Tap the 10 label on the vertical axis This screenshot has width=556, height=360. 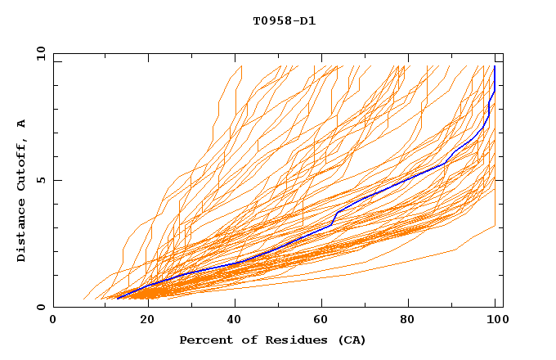pos(39,52)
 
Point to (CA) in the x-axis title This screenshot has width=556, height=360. pos(352,340)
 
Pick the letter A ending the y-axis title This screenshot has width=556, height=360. pos(22,124)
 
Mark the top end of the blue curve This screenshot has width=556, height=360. pos(495,67)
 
